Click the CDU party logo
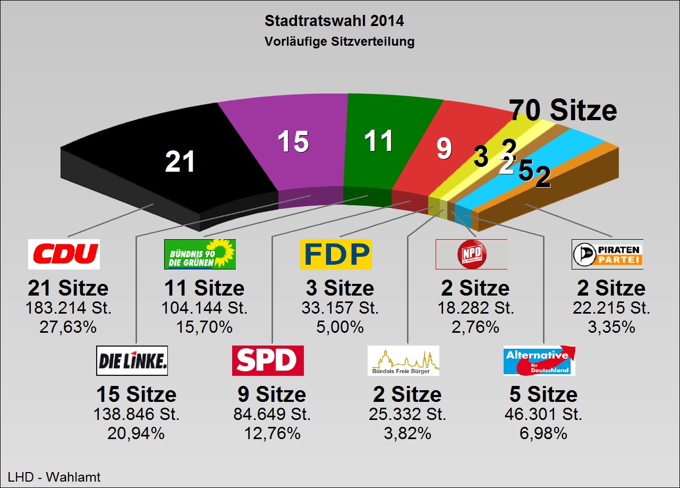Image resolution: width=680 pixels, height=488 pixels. point(64,254)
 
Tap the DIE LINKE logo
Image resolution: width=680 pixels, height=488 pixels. point(132,360)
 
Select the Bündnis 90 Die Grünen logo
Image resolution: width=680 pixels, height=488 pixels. point(200,254)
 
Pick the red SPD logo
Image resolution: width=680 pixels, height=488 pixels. point(268,360)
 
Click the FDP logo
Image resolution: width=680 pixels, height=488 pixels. point(336,254)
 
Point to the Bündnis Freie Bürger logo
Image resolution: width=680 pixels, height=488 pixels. point(403,360)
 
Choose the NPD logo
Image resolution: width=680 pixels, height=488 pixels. point(471,254)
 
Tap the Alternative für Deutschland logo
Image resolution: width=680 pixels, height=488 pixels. point(539,360)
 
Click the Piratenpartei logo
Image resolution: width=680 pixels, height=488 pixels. point(607,254)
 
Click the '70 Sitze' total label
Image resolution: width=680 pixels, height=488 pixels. point(564,110)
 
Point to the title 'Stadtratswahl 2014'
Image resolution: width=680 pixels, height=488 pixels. point(334,21)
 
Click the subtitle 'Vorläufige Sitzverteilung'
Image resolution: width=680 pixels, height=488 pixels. point(339,41)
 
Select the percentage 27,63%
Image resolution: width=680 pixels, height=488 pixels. point(68,327)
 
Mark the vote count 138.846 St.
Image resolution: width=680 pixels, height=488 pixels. point(137,415)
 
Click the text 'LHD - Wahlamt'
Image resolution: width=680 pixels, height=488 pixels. point(54,477)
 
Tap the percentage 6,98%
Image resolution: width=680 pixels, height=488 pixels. point(543,433)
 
